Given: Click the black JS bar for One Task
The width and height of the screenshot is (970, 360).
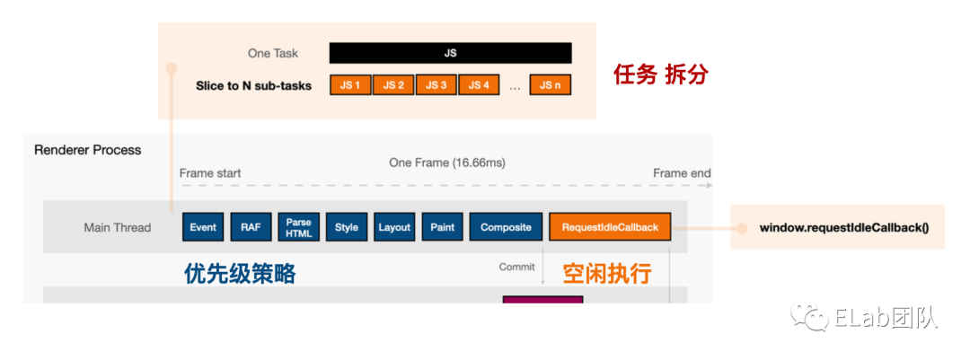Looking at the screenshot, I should point(451,53).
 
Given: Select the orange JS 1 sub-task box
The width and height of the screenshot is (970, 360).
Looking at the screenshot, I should point(350,85).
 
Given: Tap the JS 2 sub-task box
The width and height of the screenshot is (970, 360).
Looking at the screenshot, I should point(393,85).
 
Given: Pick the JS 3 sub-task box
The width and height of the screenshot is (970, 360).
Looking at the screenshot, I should point(436,85).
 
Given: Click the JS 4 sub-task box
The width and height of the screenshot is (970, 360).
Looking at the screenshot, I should point(480,85).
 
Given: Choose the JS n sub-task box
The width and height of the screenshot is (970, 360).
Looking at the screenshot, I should point(551,85).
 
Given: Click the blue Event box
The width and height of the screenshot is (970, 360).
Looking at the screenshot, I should point(203,227).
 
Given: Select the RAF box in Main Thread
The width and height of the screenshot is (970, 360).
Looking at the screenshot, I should point(251,227).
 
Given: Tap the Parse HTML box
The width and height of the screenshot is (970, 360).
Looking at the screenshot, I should point(298,227).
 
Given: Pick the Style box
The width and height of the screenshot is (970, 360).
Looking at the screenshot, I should point(347,227).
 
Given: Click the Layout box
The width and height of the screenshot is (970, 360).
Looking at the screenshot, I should point(394,227).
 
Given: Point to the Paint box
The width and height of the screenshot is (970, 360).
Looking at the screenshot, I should point(442,227).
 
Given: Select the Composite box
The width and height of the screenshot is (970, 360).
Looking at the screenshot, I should point(506,227).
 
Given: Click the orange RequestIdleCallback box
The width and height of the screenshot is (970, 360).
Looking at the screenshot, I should point(610,227).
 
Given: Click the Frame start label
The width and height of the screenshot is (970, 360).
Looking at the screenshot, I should point(210,173).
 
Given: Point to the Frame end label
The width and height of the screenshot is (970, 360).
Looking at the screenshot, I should point(682,173).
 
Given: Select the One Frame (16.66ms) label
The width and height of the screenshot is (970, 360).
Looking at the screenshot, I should point(447,162).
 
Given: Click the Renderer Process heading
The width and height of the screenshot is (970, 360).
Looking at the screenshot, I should point(88,150).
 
